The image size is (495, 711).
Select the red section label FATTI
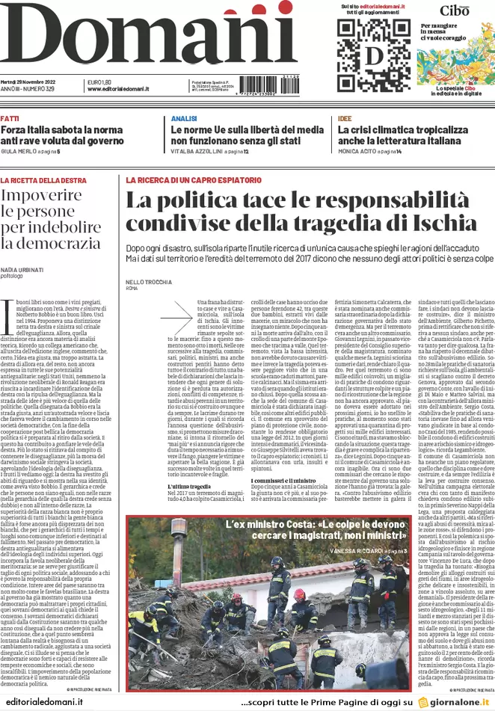[10, 119]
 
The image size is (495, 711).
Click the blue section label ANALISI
[183, 119]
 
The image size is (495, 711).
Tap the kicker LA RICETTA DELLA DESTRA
[45, 180]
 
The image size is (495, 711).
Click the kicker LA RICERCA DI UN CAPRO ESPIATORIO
[191, 180]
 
